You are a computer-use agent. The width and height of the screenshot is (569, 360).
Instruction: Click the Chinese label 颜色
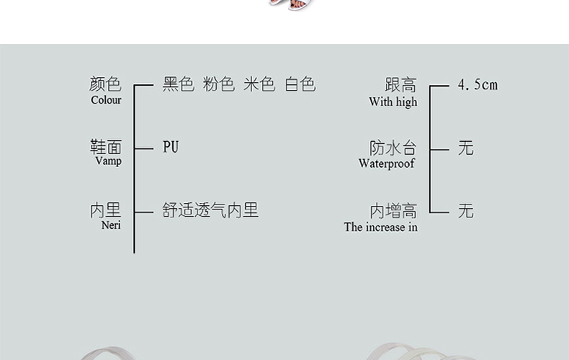click(105, 85)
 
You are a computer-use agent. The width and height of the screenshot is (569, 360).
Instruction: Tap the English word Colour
click(106, 100)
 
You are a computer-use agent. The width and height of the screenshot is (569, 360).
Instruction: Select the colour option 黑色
click(179, 85)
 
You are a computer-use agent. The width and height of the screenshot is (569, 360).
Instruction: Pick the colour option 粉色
click(219, 85)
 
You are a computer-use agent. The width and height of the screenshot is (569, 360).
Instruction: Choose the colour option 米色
click(259, 85)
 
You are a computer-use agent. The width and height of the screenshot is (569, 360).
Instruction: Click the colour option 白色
click(300, 85)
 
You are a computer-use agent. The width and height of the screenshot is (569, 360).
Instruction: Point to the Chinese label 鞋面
click(105, 148)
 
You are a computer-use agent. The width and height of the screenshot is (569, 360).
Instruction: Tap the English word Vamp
click(108, 161)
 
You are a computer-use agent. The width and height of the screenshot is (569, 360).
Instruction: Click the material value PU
click(171, 148)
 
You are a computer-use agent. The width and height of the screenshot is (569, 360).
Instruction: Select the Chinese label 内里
click(105, 210)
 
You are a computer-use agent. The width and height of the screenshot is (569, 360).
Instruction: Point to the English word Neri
click(111, 225)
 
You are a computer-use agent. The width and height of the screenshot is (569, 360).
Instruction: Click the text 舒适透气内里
click(210, 210)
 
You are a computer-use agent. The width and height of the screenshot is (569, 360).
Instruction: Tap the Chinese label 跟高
click(400, 86)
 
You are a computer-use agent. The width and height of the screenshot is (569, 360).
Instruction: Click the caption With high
click(393, 102)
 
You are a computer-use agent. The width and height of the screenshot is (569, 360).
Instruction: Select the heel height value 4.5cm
click(478, 85)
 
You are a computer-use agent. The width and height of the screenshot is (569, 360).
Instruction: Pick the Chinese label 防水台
click(393, 148)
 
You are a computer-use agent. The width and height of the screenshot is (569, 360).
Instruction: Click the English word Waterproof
click(387, 163)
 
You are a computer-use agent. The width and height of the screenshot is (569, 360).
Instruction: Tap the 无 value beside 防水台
click(466, 148)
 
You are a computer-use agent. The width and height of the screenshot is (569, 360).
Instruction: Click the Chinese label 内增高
click(393, 211)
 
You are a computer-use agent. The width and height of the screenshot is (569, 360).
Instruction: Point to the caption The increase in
click(380, 228)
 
